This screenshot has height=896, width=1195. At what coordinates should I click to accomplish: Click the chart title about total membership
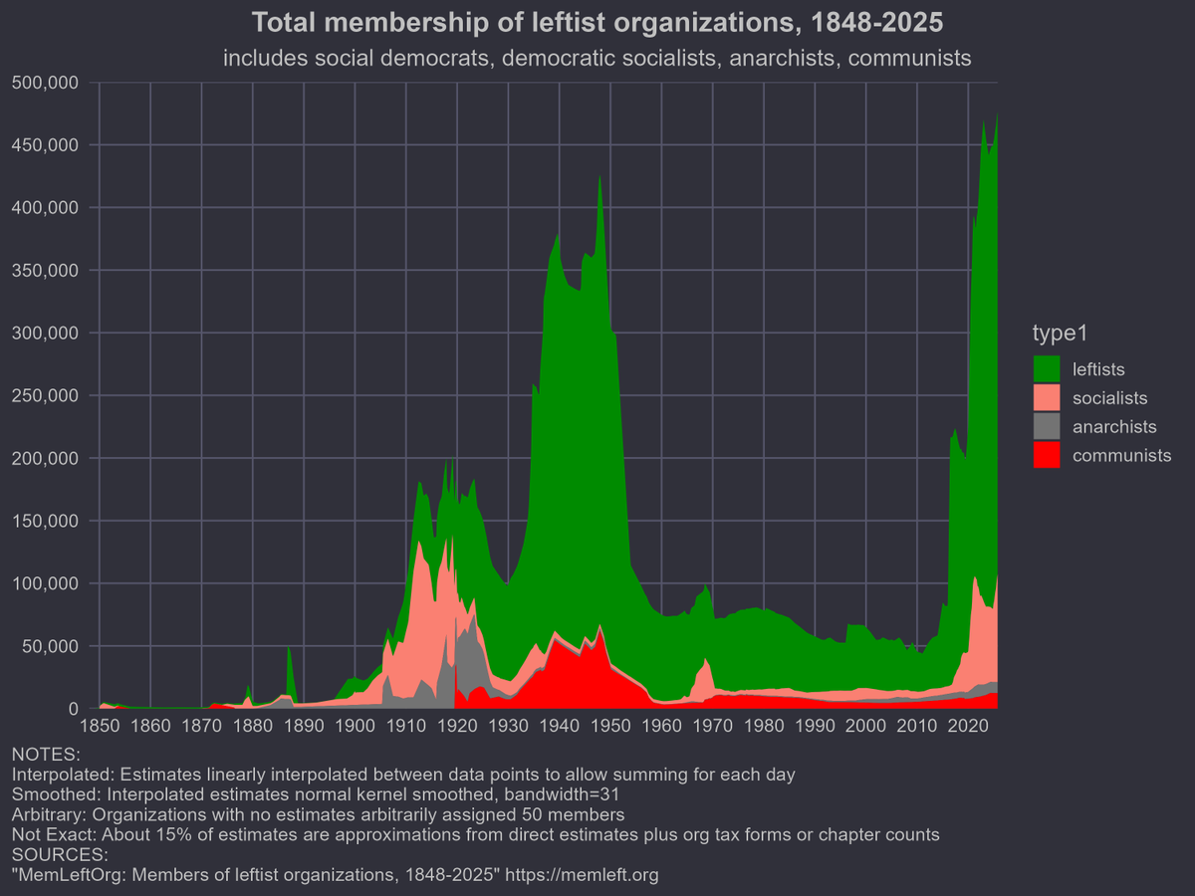click(597, 22)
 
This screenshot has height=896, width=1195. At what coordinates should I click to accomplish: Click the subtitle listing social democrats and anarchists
click(597, 59)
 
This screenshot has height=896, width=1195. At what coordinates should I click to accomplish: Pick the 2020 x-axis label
click(968, 726)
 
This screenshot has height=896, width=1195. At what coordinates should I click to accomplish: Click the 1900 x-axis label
click(355, 726)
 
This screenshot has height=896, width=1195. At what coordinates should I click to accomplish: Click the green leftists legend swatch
click(1047, 369)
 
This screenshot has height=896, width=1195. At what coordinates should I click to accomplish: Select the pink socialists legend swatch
click(1047, 398)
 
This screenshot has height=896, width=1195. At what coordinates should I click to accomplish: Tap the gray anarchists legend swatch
click(1047, 427)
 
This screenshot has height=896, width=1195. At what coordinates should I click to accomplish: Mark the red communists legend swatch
click(1047, 456)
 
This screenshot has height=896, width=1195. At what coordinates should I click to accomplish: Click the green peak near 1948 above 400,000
click(599, 184)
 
